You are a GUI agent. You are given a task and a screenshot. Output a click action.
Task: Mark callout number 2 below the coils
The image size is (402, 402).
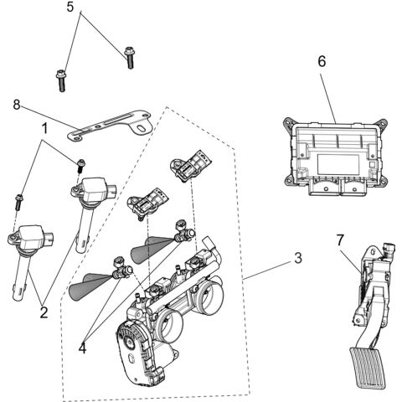click(44, 312)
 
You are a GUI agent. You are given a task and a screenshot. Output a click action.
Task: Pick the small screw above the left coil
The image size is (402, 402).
click(18, 199)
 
